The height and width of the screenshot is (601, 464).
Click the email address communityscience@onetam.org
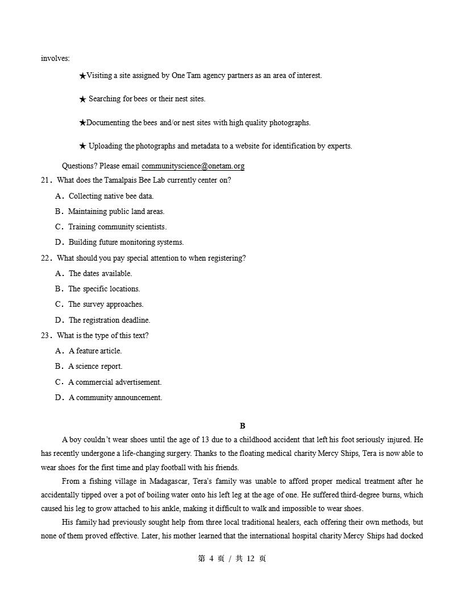coord(193,166)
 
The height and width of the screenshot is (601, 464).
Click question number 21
coord(45,180)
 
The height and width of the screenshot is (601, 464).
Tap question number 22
coord(45,258)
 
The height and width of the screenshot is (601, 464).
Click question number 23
coord(45,336)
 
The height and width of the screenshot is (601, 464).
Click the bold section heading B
coord(243,426)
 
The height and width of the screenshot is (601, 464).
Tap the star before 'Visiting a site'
coord(82,76)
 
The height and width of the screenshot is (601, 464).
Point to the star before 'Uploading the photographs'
coord(82,146)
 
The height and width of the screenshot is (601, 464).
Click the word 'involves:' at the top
coord(55,58)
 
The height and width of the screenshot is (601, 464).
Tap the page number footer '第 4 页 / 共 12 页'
coord(232,558)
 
